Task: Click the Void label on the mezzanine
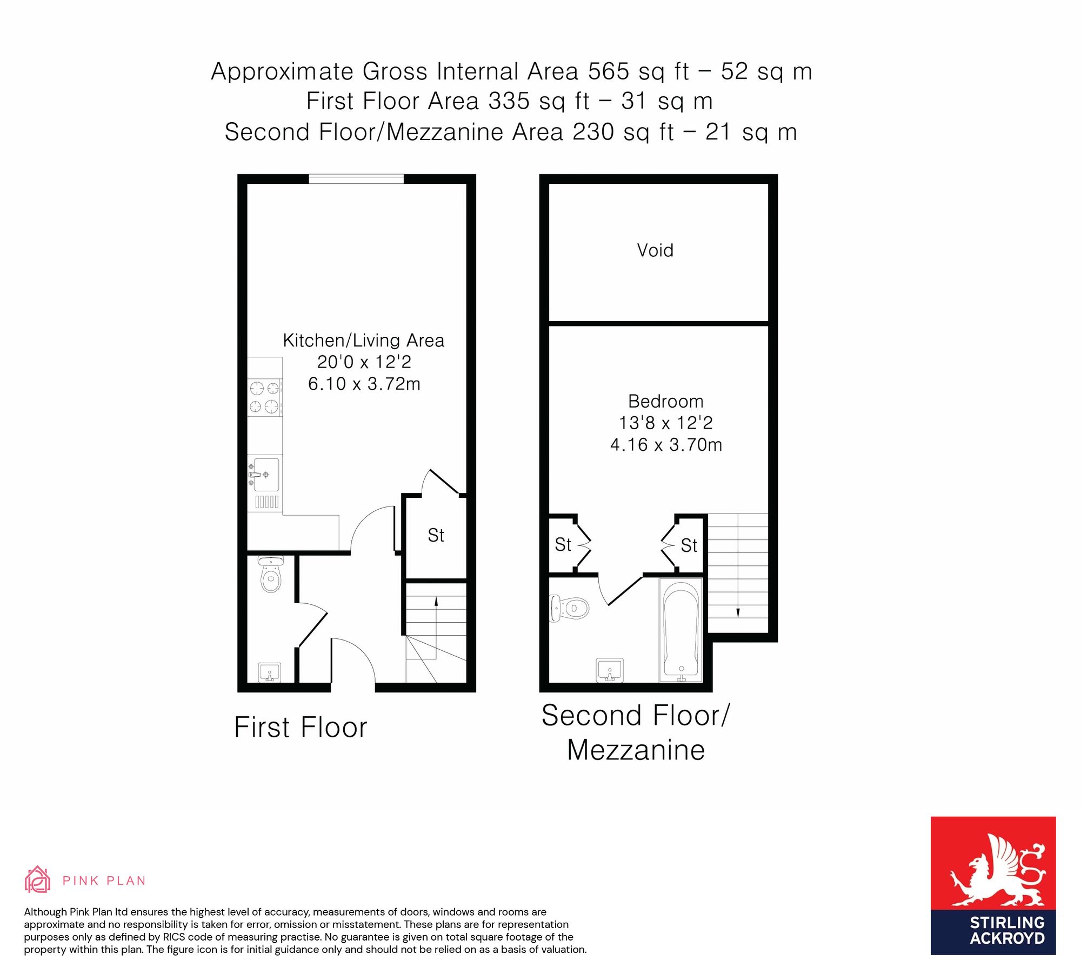coord(655,250)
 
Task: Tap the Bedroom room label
coord(666,401)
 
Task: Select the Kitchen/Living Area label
coord(364,341)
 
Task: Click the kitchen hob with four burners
coord(265,397)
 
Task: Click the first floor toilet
coord(270,574)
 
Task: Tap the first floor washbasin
coord(270,672)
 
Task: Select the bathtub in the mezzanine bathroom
coord(681,630)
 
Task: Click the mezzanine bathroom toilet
coord(569,608)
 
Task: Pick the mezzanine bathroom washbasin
coord(610,670)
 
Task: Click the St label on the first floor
coord(436,535)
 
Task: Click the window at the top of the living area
coord(356,179)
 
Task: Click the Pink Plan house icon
coord(37,879)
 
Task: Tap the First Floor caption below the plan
coord(301,727)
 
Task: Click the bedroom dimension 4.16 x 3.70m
coord(666,445)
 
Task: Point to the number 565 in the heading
coord(609,71)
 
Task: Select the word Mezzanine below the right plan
coord(636,750)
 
